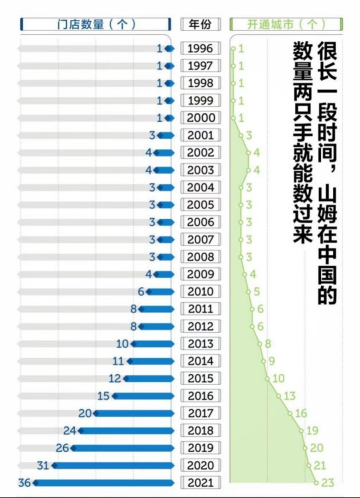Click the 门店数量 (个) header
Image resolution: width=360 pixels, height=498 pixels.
click(96, 25)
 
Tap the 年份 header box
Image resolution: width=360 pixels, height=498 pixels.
click(200, 25)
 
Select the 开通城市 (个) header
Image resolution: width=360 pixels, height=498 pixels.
click(286, 25)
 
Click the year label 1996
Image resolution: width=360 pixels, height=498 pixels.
click(200, 49)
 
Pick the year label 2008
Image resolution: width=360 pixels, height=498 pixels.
click(200, 257)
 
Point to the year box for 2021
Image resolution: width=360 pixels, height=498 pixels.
click(200, 483)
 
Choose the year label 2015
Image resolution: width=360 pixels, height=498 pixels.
click(200, 379)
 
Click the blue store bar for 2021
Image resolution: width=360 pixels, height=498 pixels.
click(104, 483)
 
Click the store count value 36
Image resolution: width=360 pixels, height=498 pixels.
click(24, 483)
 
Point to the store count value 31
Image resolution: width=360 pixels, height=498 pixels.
click(43, 465)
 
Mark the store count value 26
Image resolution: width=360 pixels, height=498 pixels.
click(63, 448)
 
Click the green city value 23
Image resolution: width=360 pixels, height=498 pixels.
click(327, 482)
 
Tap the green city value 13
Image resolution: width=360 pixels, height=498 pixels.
click(290, 396)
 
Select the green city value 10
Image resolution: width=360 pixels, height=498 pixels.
click(278, 379)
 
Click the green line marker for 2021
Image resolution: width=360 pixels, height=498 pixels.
click(316, 482)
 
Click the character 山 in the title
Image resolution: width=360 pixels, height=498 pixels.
click(327, 192)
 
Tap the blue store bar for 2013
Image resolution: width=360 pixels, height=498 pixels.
click(153, 344)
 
